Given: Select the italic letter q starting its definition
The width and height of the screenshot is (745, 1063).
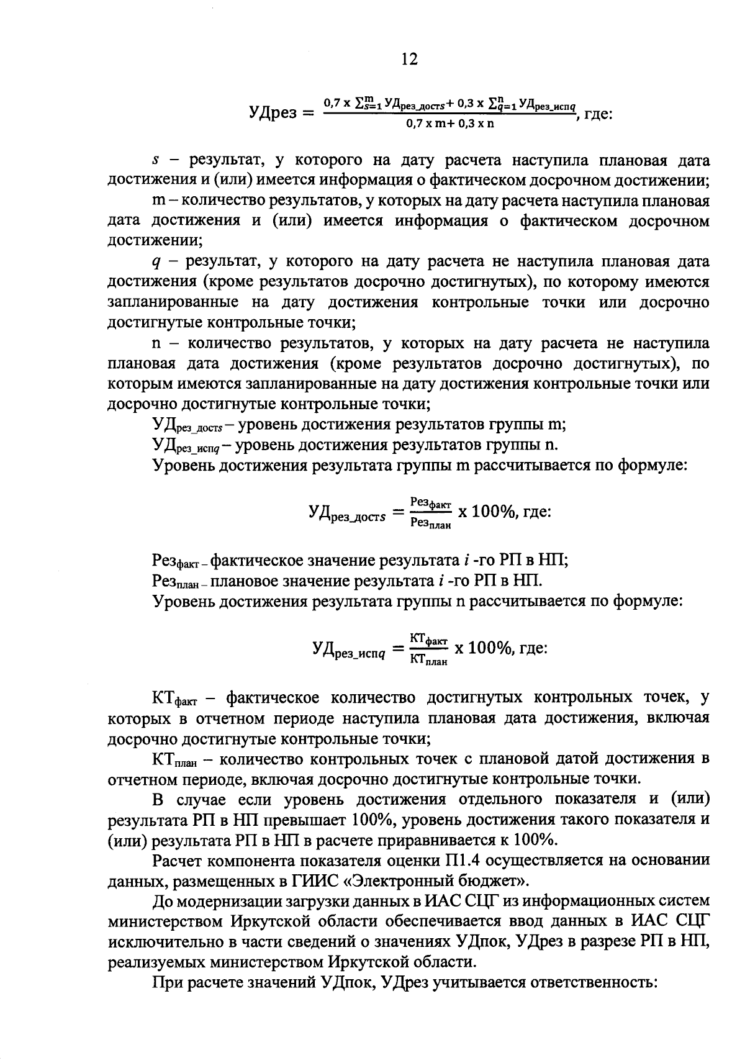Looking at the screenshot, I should tap(156, 263).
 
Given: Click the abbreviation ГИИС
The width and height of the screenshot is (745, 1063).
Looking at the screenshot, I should tap(275, 880).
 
